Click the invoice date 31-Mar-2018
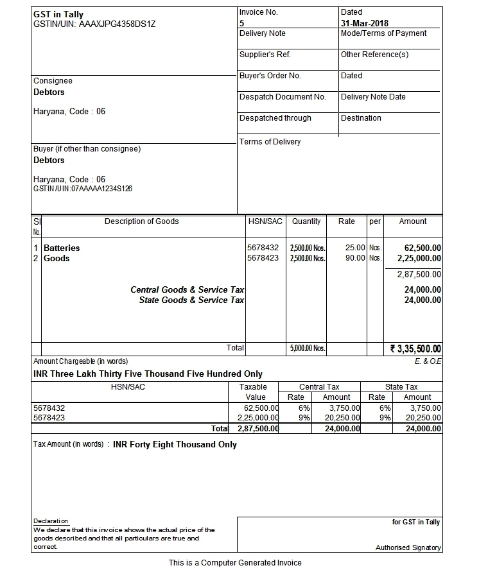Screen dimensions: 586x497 [x=364, y=23]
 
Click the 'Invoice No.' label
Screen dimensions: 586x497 [x=259, y=12]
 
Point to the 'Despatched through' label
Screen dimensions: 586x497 [x=275, y=118]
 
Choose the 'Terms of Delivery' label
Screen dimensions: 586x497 [x=270, y=142]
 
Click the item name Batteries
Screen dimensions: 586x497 [x=62, y=248]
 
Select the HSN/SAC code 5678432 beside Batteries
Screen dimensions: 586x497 [x=263, y=248]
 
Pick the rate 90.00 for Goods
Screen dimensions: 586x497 [x=355, y=258]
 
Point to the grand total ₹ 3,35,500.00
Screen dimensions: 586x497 [x=415, y=349]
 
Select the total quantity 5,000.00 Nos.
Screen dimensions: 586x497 [x=308, y=349]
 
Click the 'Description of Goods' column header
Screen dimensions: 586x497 [x=141, y=221]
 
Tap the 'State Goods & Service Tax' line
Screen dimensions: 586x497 [x=191, y=300]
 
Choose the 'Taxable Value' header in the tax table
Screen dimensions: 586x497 [x=252, y=392]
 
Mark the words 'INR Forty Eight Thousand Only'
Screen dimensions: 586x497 [x=175, y=444]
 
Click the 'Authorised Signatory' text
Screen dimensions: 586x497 [x=408, y=547]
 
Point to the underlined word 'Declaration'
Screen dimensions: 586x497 [x=50, y=521]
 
